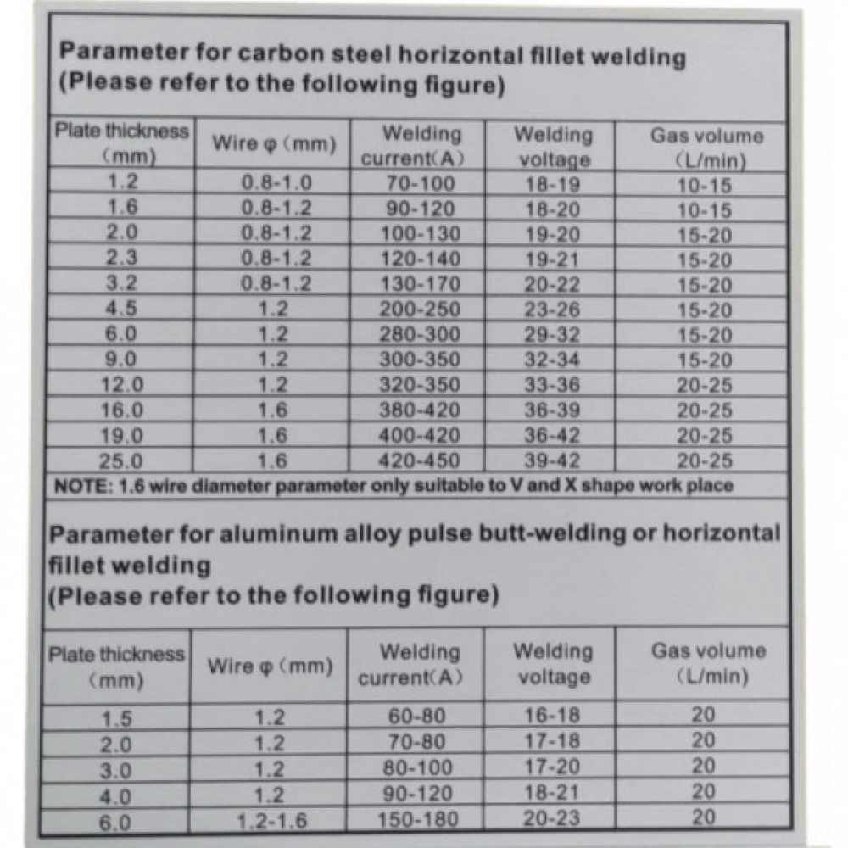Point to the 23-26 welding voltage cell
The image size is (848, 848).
click(552, 310)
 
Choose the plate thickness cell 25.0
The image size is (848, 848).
click(122, 461)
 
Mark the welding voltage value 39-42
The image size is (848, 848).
click(552, 461)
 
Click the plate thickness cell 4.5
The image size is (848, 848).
click(122, 310)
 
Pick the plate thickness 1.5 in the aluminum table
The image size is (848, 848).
click(117, 719)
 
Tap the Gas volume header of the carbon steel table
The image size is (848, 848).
click(706, 147)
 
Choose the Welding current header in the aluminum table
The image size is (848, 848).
click(418, 665)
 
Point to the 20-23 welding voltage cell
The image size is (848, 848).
click(552, 820)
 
